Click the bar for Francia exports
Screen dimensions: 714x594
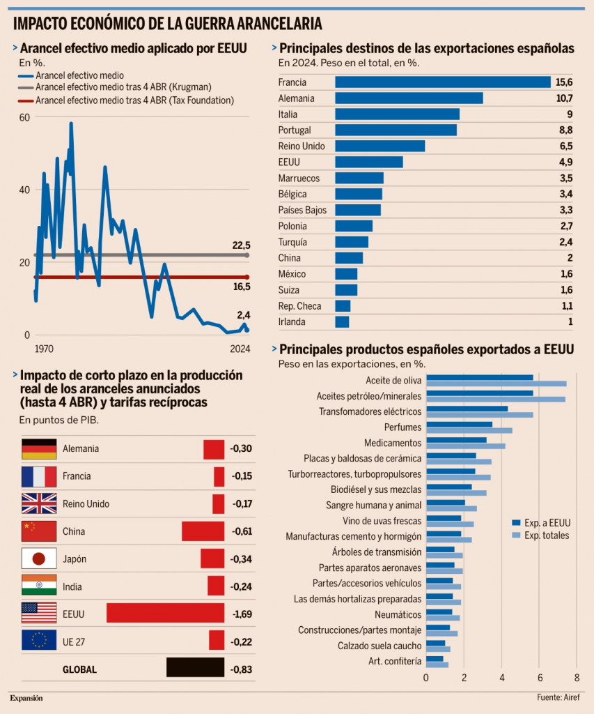tap(443, 82)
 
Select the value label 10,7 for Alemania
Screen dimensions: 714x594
tap(564, 98)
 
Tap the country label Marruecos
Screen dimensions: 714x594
tap(299, 178)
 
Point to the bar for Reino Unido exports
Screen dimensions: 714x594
tap(380, 146)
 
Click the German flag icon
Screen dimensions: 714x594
tap(39, 449)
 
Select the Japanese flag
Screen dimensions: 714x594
tap(39, 559)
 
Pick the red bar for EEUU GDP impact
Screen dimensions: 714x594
tap(165, 614)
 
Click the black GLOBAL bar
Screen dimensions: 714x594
tap(195, 667)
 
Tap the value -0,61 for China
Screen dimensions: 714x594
tap(241, 531)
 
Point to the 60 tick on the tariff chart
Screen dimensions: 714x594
tap(24, 117)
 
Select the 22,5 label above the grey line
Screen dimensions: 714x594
tap(241, 245)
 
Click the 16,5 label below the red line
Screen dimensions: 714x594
tap(241, 287)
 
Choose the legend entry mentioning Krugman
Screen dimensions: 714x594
tap(123, 87)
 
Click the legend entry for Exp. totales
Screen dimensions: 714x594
tap(547, 535)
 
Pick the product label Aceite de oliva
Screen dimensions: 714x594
tap(393, 381)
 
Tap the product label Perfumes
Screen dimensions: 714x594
tap(402, 427)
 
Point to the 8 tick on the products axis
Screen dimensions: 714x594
tap(577, 677)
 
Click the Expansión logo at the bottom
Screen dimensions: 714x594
tap(26, 697)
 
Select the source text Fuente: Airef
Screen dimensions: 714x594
tap(558, 697)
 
